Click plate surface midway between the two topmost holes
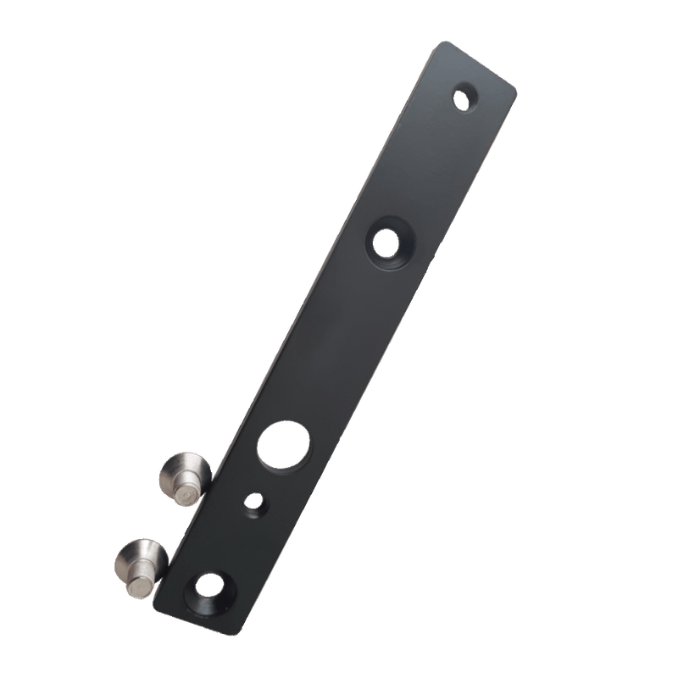pos(427,169)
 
